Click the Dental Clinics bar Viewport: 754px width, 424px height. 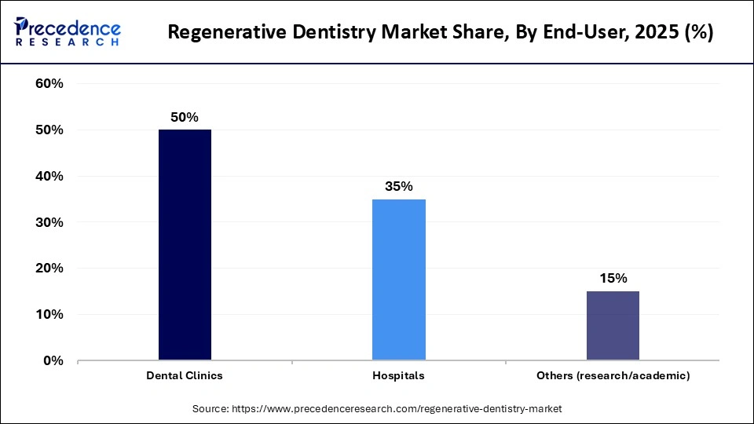(185, 245)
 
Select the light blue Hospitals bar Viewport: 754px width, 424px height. (398, 280)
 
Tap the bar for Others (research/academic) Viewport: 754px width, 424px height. (613, 326)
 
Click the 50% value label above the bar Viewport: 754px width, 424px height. (185, 117)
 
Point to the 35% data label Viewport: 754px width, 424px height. (398, 186)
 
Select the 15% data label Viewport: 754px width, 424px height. (613, 278)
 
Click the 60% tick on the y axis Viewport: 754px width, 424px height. (49, 84)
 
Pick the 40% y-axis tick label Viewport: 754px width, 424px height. (49, 177)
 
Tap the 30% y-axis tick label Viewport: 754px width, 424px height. (49, 223)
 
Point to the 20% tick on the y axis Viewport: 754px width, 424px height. (49, 269)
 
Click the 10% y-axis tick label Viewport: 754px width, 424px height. (49, 315)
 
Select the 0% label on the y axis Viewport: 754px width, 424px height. (53, 361)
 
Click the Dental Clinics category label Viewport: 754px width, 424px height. (185, 376)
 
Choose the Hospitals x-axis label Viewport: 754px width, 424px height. (398, 376)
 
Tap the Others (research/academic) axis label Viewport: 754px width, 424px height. (613, 376)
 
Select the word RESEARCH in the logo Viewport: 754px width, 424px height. (67, 41)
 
